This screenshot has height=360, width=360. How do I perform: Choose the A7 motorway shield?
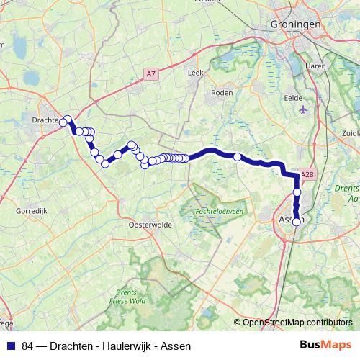[150, 73]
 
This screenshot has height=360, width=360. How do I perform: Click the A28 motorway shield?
[308, 174]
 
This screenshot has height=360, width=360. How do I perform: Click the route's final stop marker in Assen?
[296, 221]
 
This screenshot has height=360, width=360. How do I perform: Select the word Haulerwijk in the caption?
[124, 346]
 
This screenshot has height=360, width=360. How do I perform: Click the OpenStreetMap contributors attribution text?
[297, 322]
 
